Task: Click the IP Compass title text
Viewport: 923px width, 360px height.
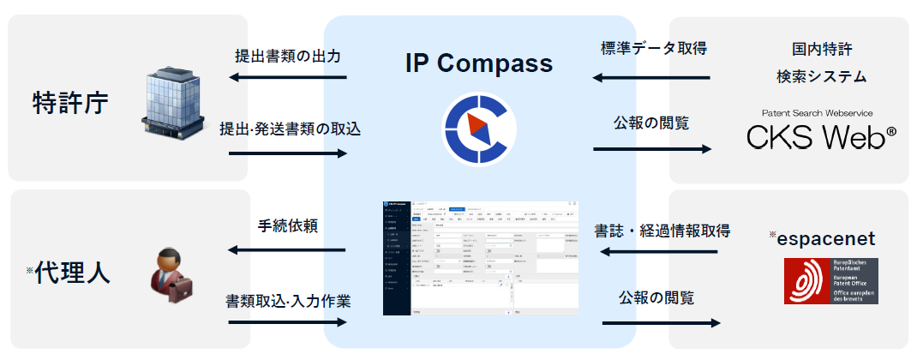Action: coord(479,63)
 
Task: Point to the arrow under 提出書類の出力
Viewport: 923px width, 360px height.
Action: coord(288,79)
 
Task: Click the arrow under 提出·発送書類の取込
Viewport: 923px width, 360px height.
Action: coord(288,153)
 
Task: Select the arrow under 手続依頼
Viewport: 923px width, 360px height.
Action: coord(288,251)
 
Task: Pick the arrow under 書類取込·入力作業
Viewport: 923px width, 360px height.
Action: coord(288,322)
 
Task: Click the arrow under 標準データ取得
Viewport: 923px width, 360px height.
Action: coord(652,79)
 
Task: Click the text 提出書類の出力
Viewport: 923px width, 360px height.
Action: coord(288,57)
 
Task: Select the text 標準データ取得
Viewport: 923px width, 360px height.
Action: coord(654,48)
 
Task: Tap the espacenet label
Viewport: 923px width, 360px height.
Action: coord(825,238)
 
